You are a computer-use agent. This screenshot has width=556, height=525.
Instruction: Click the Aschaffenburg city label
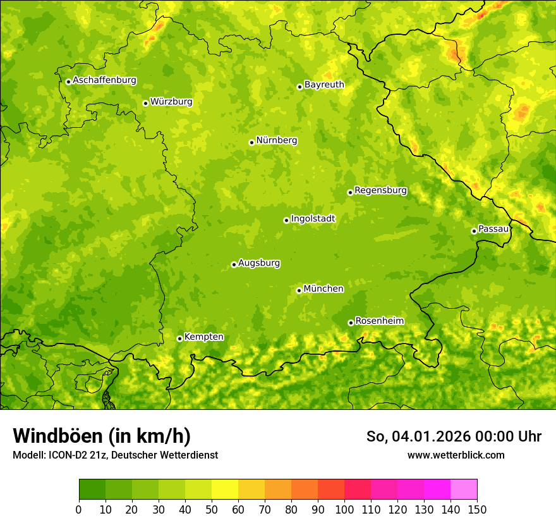(104, 80)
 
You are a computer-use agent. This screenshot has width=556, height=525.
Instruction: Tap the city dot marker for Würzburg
(145, 103)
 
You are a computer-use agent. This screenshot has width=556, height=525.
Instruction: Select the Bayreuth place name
(324, 84)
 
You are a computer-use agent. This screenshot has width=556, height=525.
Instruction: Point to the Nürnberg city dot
(251, 142)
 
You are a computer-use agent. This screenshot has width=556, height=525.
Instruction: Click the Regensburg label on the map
(380, 190)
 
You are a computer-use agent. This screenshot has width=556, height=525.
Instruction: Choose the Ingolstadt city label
(313, 218)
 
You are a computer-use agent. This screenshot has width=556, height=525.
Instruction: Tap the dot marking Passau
(474, 231)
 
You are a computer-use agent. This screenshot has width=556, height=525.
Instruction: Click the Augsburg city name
(259, 262)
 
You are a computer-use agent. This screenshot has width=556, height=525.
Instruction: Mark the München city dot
(299, 290)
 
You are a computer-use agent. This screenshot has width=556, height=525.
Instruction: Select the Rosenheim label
(379, 321)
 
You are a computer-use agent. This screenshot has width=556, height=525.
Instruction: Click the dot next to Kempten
(179, 338)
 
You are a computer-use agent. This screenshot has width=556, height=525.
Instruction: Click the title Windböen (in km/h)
(102, 436)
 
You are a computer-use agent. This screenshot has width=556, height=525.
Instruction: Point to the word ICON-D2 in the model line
(68, 455)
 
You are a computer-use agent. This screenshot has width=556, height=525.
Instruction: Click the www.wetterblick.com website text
(456, 455)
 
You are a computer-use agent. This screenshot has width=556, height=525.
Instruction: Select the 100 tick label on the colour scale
(344, 509)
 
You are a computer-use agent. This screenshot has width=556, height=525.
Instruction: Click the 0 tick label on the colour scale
(79, 509)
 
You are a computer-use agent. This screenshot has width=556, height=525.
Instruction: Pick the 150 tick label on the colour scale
(477, 509)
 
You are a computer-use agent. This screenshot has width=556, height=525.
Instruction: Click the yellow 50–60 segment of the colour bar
(225, 490)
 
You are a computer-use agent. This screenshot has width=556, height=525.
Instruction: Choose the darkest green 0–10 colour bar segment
(92, 490)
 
